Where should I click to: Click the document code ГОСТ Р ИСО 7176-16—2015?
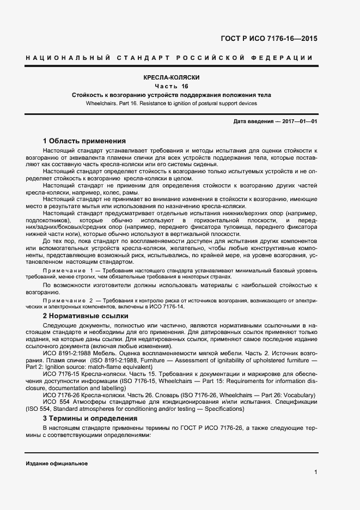(269, 39)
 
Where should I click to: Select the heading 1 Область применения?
(84, 140)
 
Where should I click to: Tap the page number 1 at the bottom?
(316, 472)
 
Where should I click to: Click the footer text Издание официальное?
(57, 463)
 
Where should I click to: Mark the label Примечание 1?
(71, 270)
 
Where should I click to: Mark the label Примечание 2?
(71, 300)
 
